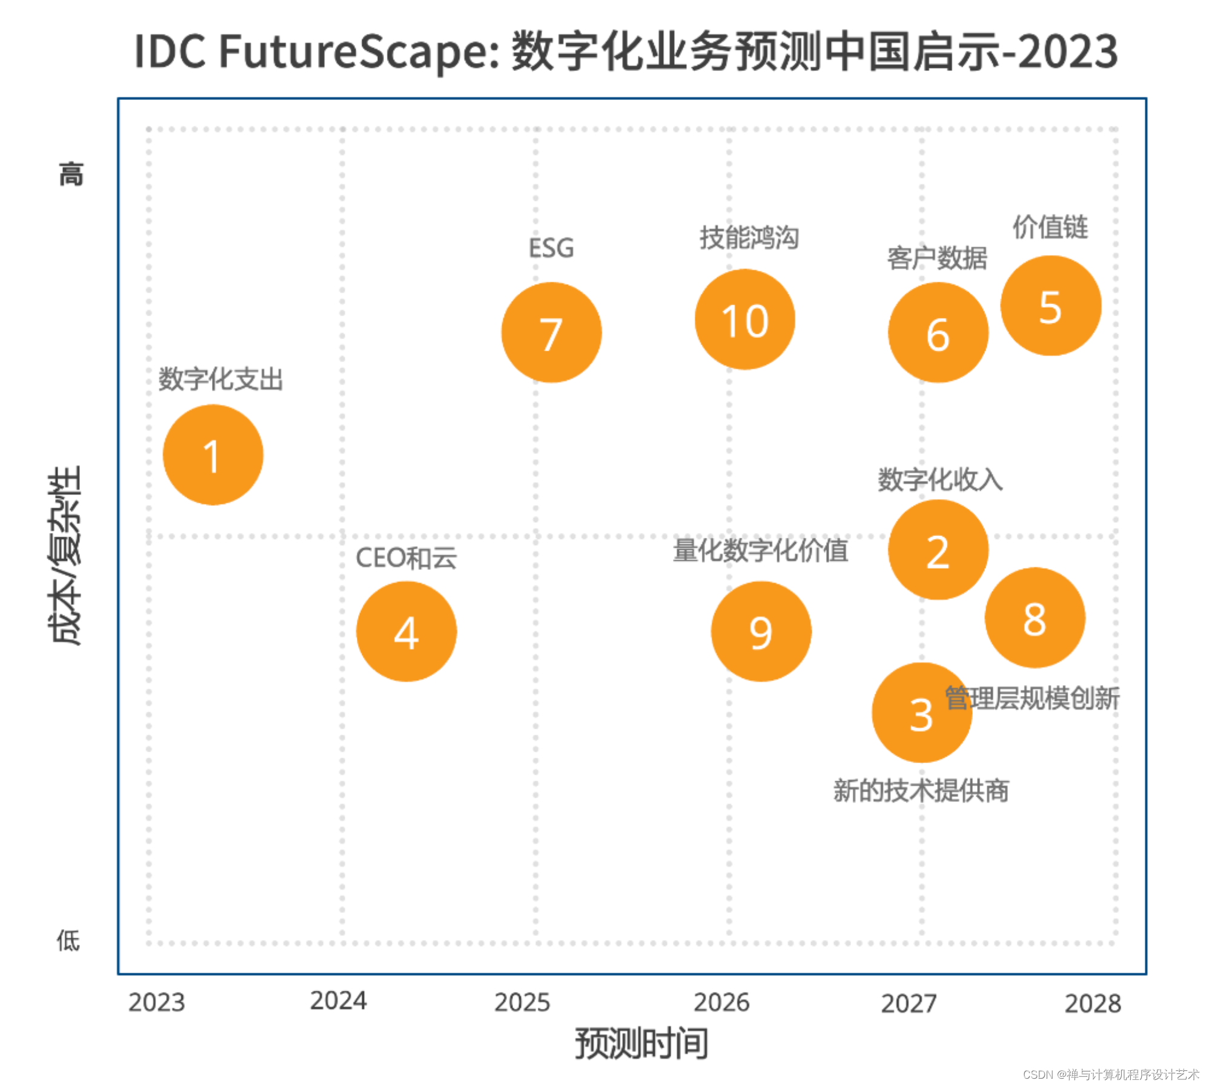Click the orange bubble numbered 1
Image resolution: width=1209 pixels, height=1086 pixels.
coord(213,454)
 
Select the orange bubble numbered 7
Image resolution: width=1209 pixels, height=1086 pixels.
coord(551,333)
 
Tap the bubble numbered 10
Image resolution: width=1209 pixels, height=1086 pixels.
coord(744,319)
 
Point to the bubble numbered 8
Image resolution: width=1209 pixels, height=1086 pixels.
coord(1034,617)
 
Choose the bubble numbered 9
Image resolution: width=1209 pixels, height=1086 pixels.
coord(760,631)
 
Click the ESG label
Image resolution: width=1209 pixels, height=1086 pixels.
coord(551,248)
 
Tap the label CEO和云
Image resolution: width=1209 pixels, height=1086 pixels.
coord(406,558)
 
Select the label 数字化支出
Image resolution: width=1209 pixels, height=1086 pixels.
coord(220,380)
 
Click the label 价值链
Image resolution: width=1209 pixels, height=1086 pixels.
coord(1050,227)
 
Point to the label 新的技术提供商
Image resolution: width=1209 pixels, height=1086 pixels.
coord(920,790)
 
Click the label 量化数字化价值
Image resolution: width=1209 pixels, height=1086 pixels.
coord(760,551)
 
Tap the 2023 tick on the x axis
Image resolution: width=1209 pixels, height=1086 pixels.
coord(156,1002)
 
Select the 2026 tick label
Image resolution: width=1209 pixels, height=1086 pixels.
coord(721,1002)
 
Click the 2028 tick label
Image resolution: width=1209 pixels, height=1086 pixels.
coord(1092,1004)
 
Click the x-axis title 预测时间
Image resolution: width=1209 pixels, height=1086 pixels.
coord(641,1044)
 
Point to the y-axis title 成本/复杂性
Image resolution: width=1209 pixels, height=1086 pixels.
coord(65,555)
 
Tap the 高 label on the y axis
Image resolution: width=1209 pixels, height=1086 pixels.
coord(71,174)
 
